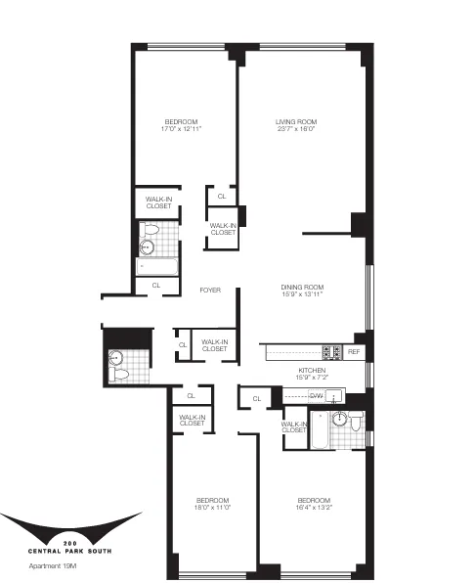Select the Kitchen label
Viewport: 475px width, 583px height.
(x=311, y=371)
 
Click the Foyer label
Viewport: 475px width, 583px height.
(x=209, y=291)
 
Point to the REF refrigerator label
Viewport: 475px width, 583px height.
(x=354, y=351)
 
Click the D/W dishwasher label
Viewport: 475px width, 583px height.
(x=316, y=395)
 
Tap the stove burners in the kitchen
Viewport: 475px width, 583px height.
(x=332, y=352)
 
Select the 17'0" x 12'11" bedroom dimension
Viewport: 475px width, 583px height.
(x=181, y=129)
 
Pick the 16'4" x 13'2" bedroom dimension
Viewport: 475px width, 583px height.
(x=315, y=509)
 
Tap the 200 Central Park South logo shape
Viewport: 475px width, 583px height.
(x=68, y=527)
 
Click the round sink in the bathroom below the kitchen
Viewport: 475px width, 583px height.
(x=340, y=421)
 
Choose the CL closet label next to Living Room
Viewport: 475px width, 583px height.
(x=222, y=197)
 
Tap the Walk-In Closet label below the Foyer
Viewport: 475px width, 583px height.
(x=215, y=345)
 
